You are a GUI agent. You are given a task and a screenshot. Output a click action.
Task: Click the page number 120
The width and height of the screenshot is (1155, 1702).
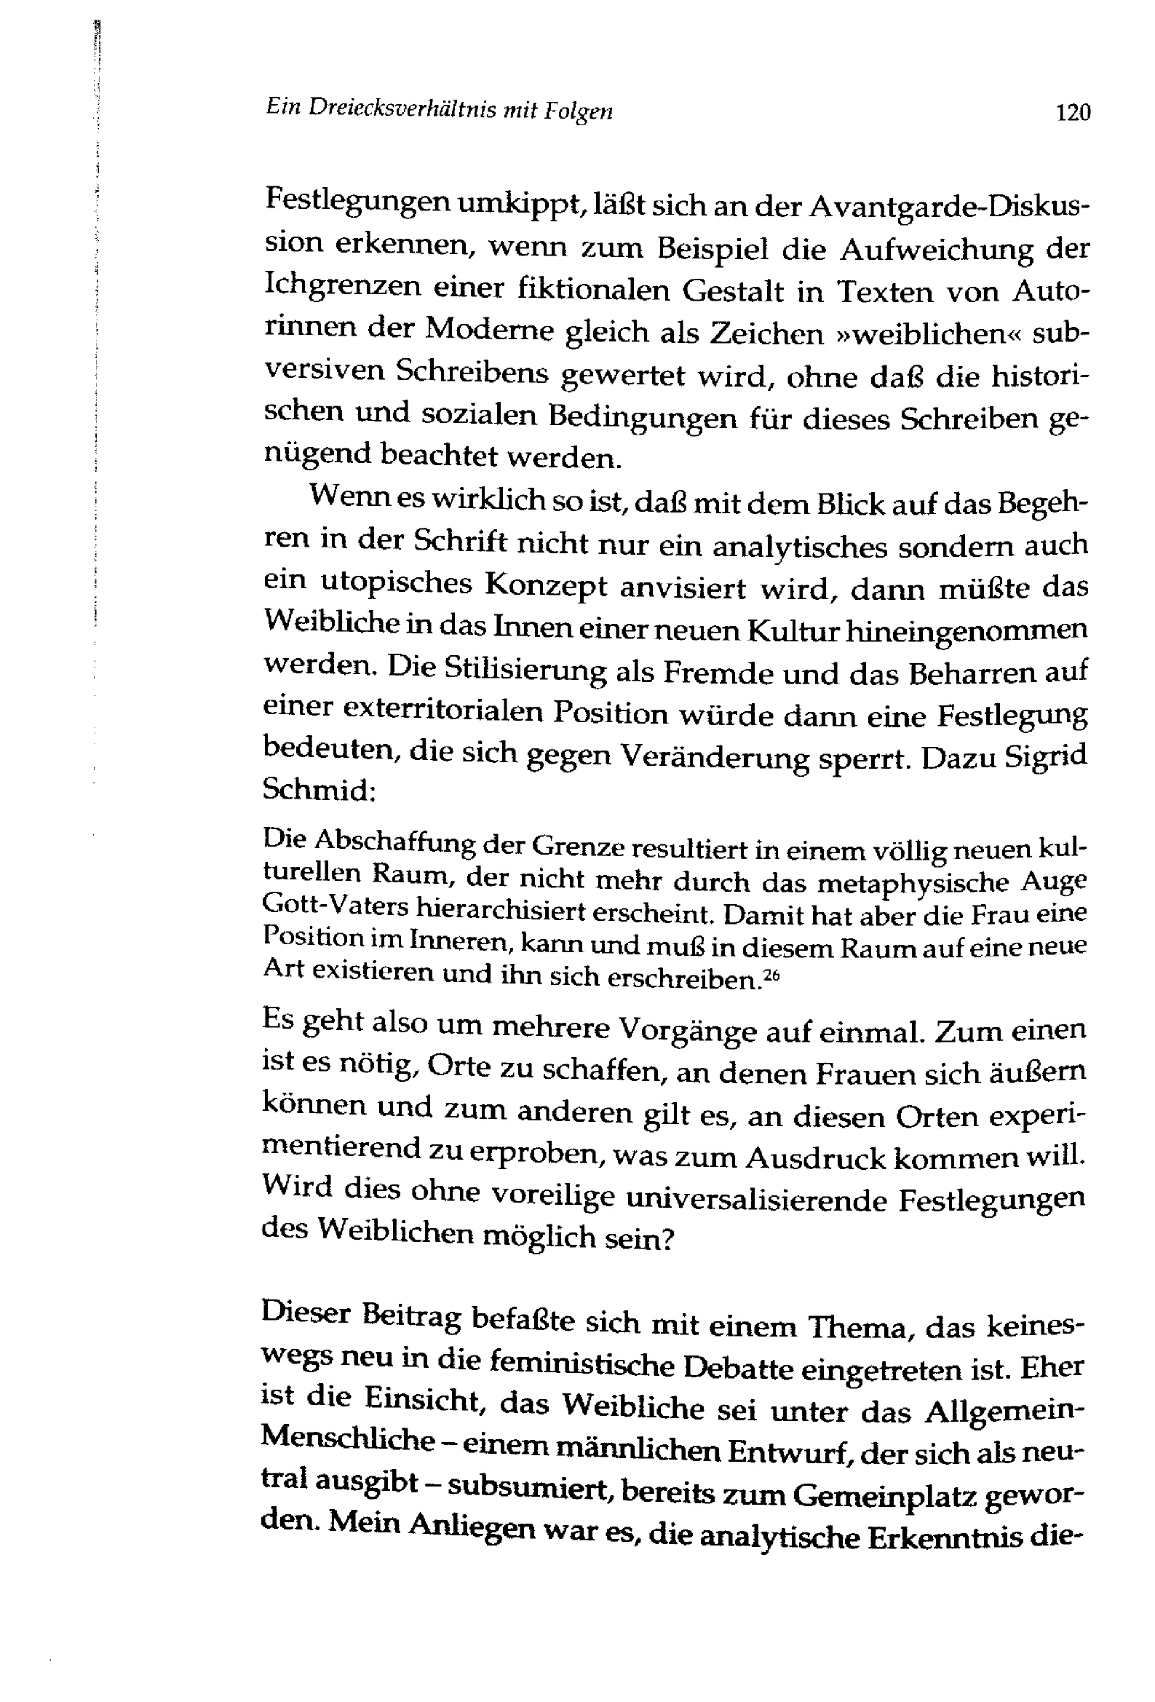(1072, 113)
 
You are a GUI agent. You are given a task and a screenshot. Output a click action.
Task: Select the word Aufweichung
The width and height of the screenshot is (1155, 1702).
(936, 250)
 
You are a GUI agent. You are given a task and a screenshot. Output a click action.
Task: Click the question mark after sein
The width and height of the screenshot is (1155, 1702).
(666, 1238)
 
